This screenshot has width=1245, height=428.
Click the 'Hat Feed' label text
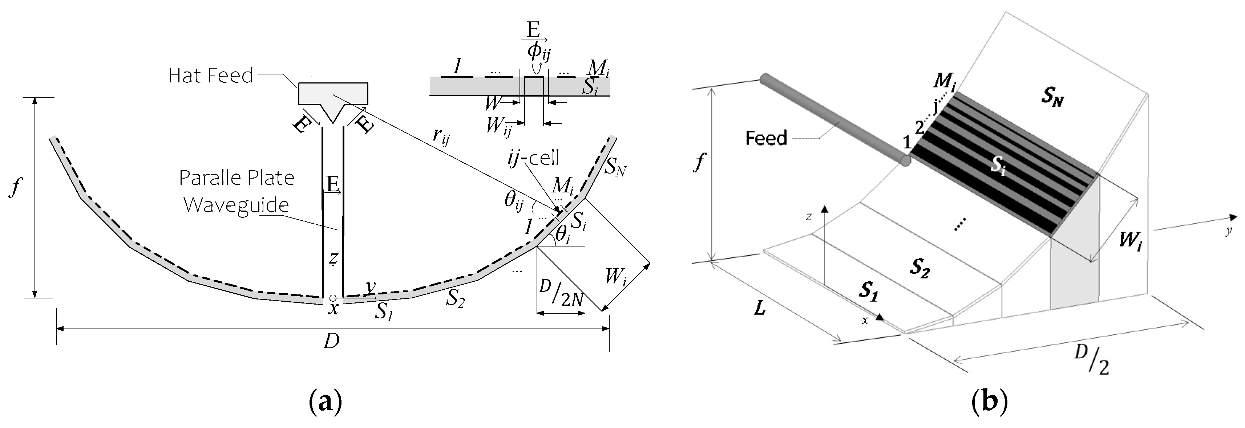pos(210,76)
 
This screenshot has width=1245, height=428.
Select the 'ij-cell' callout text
pos(533,158)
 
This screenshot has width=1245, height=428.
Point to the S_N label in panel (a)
pos(616,168)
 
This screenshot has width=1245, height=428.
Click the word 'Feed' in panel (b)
pos(767,138)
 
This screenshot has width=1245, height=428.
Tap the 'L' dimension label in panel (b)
pos(760,308)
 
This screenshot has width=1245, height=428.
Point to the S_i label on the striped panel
pos(999,167)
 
